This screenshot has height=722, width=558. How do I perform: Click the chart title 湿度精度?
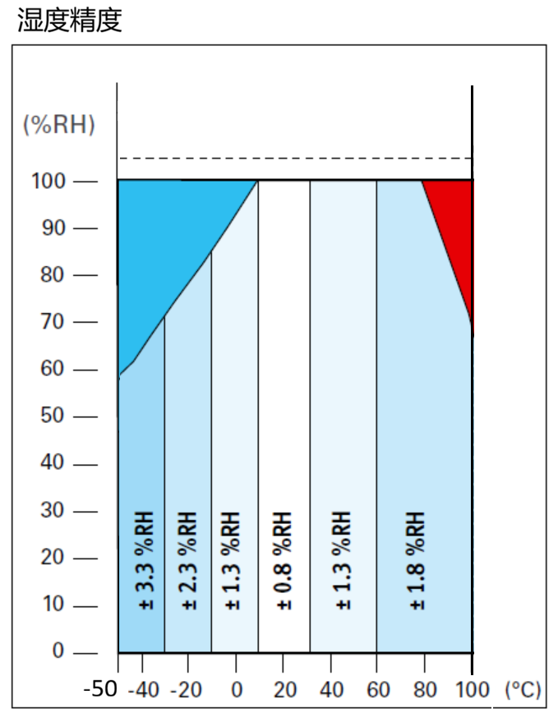[x=70, y=21]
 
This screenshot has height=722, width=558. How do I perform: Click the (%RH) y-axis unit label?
[x=59, y=125]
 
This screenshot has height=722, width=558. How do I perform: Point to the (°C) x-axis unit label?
[x=523, y=689]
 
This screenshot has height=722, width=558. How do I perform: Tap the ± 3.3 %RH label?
[x=145, y=561]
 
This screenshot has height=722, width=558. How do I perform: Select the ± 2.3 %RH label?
[x=188, y=561]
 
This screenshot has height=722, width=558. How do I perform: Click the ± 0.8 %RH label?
[x=284, y=561]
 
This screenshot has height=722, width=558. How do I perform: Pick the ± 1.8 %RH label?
[x=417, y=561]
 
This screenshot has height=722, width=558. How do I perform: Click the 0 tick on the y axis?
[x=58, y=651]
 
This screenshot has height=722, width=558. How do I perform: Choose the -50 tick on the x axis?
[x=101, y=689]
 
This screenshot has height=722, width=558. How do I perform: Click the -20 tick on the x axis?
[x=186, y=689]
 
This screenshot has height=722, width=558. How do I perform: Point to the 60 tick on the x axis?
[x=379, y=689]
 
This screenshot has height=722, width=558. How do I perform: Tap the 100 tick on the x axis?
[x=473, y=689]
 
